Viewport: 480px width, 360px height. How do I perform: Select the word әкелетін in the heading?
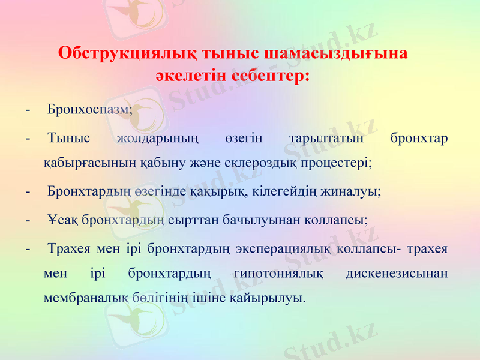pyautogui.click(x=191, y=77)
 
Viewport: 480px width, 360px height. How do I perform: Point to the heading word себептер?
pyautogui.click(x=271, y=77)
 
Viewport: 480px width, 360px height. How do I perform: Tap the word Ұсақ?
pyautogui.click(x=62, y=220)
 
